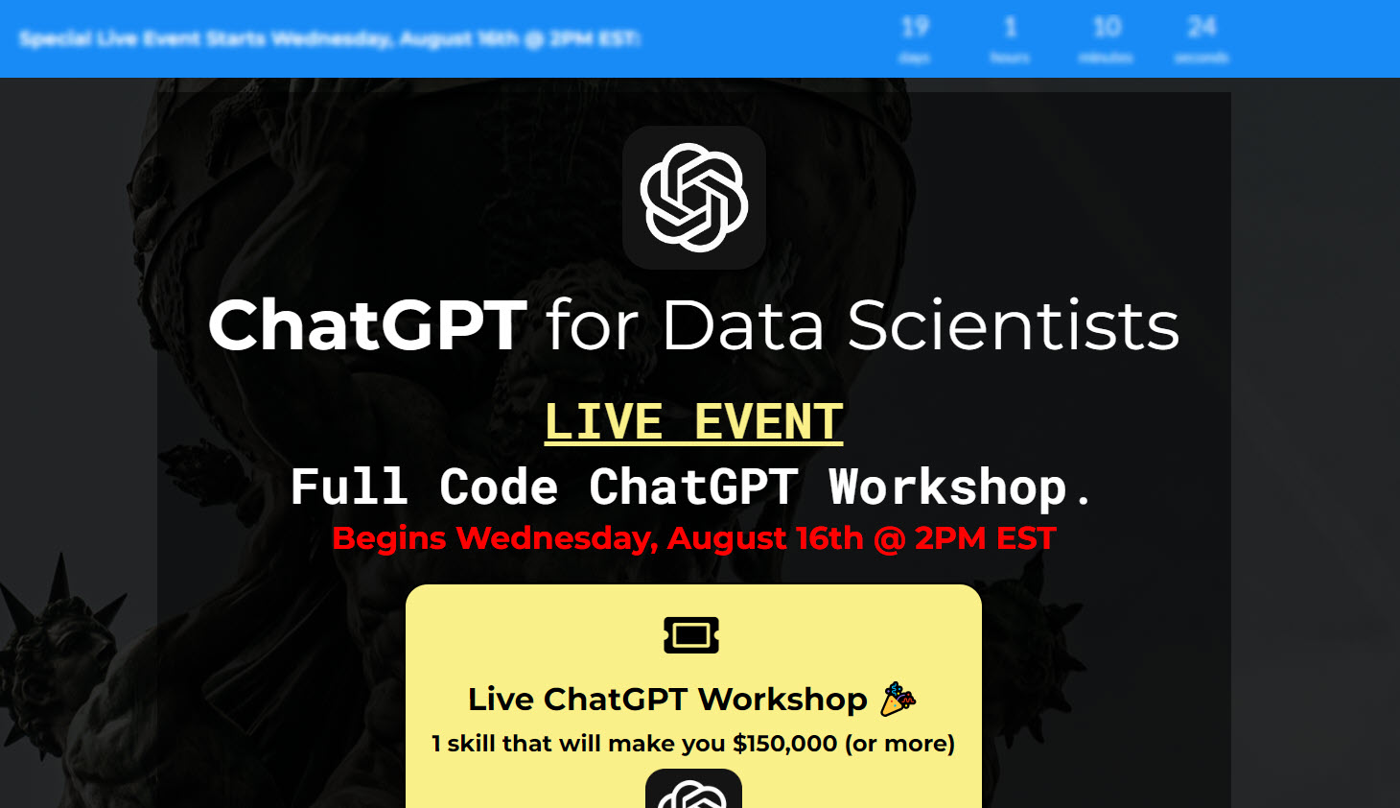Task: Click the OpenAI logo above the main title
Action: coord(693,198)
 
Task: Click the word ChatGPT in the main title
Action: coord(367,325)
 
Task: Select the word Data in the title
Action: coord(742,325)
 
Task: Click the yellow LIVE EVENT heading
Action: coord(693,422)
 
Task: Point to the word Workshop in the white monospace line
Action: coord(947,487)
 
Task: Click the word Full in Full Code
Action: coord(349,487)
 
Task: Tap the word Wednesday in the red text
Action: coord(556,538)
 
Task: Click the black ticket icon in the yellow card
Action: coord(691,634)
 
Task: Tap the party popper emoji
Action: coord(898,699)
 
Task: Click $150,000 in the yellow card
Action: coord(784,744)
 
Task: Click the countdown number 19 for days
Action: coord(915,27)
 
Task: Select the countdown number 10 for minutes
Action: coord(1107,27)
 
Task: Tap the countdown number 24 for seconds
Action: coord(1202,27)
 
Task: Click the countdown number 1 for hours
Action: coord(1010,27)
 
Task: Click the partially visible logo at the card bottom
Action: coord(693,793)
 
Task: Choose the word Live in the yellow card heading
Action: coord(501,700)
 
